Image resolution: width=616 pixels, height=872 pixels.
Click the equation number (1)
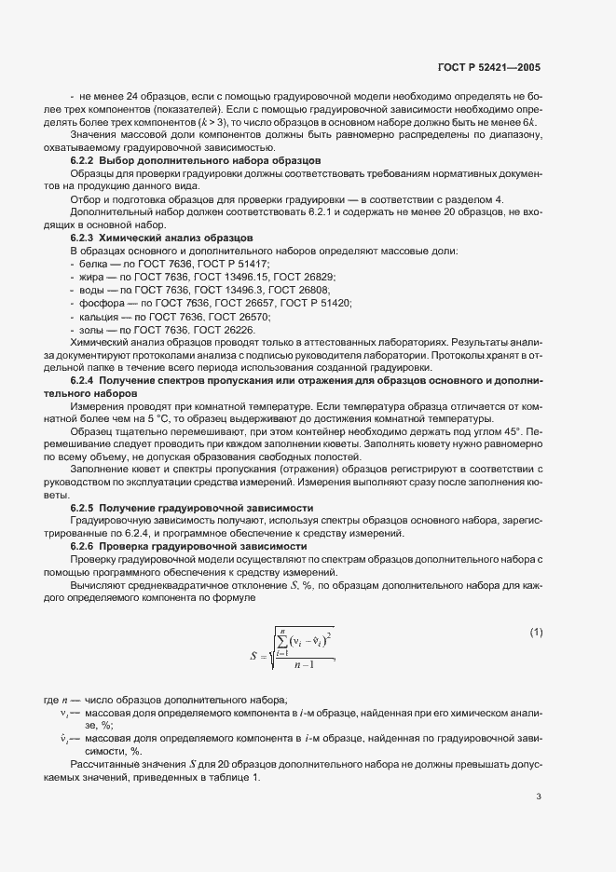tap(536, 633)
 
